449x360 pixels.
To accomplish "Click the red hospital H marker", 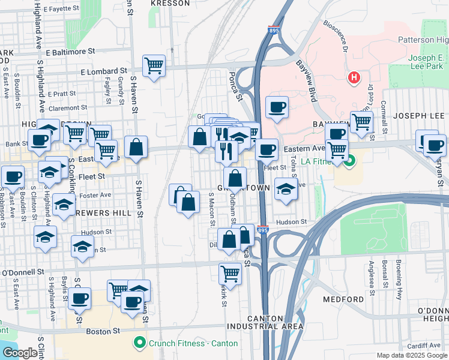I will [354, 77].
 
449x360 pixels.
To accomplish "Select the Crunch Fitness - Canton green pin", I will [140, 343].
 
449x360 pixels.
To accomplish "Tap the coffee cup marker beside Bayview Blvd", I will [276, 108].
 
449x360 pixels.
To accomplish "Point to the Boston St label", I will [101, 330].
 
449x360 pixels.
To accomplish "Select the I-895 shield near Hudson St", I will [262, 229].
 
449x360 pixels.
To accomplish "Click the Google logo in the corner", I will [20, 353].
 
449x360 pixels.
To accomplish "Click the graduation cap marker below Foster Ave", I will [63, 205].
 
